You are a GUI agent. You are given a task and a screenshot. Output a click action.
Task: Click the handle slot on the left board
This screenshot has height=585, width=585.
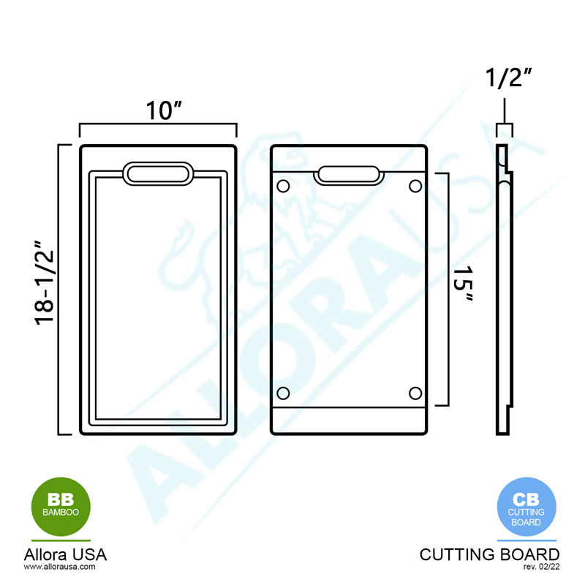(158, 173)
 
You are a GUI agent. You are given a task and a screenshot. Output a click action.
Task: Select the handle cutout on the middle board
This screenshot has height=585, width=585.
(350, 174)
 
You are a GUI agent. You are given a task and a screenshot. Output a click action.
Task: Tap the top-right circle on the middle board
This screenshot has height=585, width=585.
(415, 186)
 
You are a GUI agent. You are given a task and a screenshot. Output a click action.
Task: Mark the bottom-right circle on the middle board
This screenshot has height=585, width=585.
(415, 393)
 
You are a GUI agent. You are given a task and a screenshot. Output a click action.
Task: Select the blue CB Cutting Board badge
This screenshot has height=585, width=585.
(526, 506)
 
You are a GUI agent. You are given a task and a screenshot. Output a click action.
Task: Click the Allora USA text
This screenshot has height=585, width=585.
(65, 554)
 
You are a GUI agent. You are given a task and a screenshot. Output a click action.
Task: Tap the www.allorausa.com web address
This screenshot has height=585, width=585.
(60, 567)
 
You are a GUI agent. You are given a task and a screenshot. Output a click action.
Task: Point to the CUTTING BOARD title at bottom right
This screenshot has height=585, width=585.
(489, 554)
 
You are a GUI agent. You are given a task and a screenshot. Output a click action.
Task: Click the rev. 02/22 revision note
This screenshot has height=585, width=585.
(542, 567)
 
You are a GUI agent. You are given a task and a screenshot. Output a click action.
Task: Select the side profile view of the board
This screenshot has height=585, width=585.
(504, 289)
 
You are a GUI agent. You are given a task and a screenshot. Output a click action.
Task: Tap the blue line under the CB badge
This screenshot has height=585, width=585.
(526, 540)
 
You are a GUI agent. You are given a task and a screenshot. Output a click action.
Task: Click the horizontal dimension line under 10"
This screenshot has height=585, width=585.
(158, 125)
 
